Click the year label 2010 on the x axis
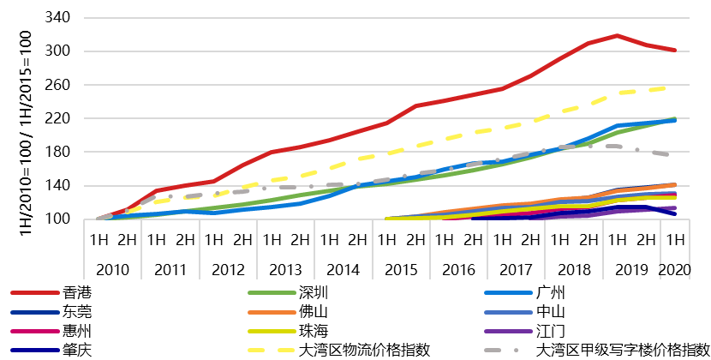[113, 269]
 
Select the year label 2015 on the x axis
[400, 269]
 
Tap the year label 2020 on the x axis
[675, 269]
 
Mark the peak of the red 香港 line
[617, 35]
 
